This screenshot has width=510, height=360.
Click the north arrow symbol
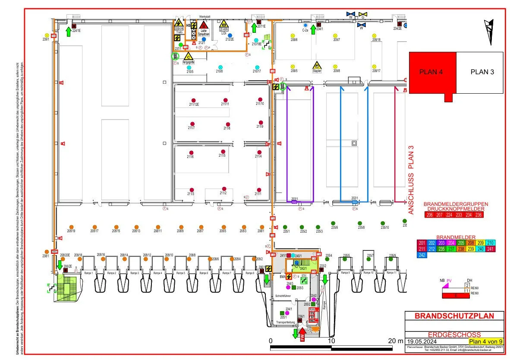point(489,32)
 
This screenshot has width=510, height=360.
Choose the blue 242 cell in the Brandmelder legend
point(423,255)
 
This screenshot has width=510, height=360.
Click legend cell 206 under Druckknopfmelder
point(429,215)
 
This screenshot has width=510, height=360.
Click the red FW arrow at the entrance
point(302,334)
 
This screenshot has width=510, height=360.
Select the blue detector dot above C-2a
point(305,25)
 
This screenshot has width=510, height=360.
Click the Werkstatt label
point(204,16)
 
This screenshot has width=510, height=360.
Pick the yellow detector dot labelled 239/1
point(47,35)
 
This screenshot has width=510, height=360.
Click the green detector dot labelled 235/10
point(383,223)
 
